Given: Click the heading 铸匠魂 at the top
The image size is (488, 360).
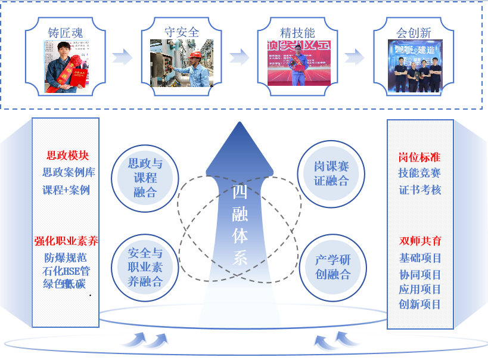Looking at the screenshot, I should pyautogui.click(x=66, y=32).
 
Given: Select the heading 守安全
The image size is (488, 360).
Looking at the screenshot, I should pyautogui.click(x=182, y=32).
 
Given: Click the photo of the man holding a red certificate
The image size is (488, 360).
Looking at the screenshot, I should pyautogui.click(x=66, y=66).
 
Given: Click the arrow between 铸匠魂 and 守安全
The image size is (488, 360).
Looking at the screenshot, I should pyautogui.click(x=122, y=57).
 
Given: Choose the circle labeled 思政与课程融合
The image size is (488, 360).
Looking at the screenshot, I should pyautogui.click(x=145, y=178).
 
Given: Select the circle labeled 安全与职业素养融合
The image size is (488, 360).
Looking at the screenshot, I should pyautogui.click(x=145, y=267).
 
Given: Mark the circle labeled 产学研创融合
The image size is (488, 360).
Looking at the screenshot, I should pyautogui.click(x=332, y=267).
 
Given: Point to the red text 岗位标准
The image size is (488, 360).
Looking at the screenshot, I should pyautogui.click(x=419, y=157).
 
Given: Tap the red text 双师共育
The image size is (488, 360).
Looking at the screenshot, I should pyautogui.click(x=420, y=241).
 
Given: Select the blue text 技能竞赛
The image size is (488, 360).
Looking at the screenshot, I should pyautogui.click(x=419, y=173).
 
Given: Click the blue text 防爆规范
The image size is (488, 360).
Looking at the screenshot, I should pyautogui.click(x=66, y=258).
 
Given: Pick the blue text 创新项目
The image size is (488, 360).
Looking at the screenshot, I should pyautogui.click(x=420, y=305).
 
